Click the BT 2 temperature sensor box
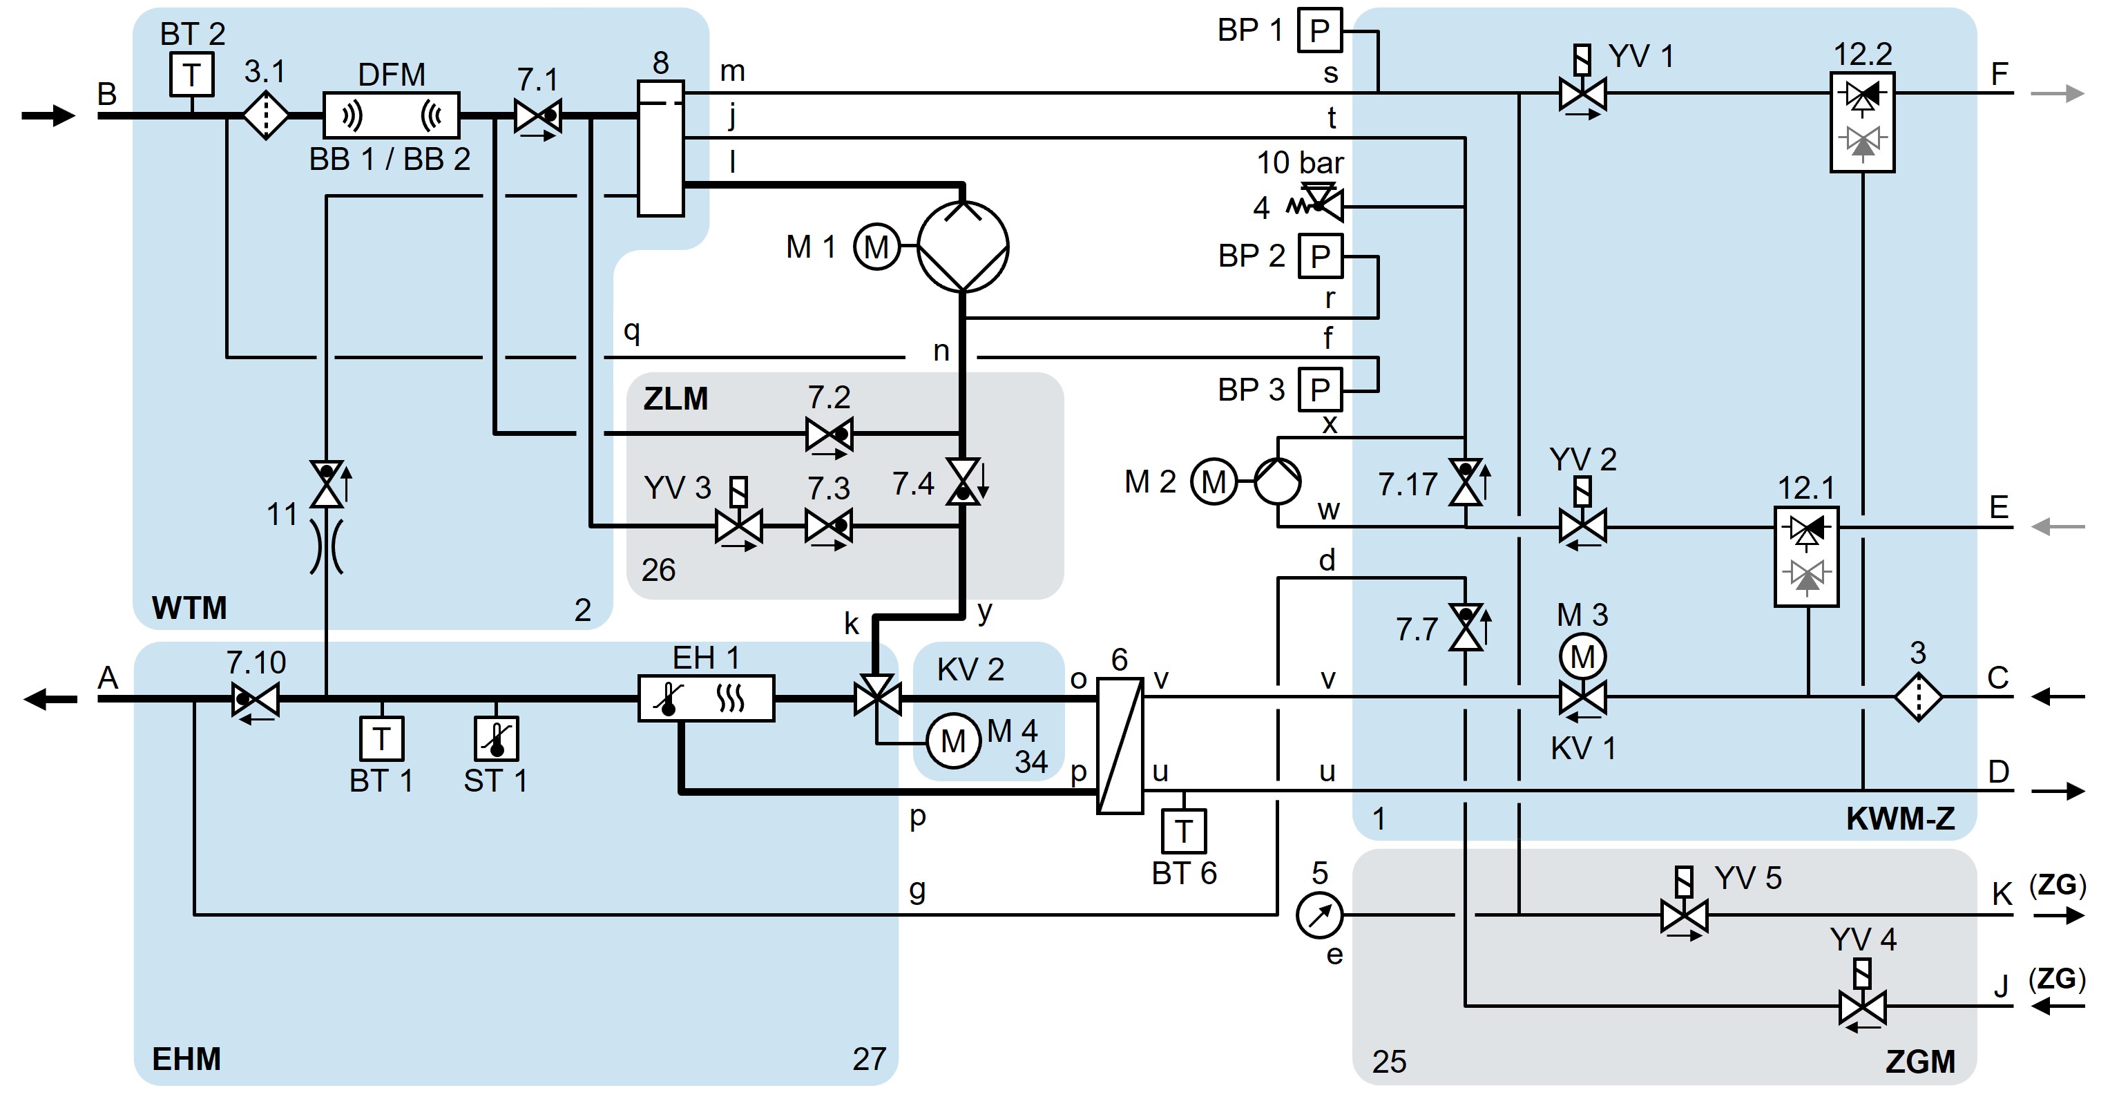[x=192, y=75]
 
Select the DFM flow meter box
[x=391, y=115]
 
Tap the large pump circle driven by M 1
[x=962, y=246]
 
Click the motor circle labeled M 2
[x=1214, y=481]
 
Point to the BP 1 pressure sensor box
[x=1319, y=30]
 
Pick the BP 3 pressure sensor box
[x=1319, y=389]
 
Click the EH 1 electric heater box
[x=706, y=698]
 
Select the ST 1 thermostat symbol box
[x=496, y=738]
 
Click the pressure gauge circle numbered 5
[x=1319, y=915]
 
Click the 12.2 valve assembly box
[x=1862, y=122]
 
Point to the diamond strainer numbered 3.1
[x=266, y=116]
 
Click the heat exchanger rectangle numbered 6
[x=1120, y=745]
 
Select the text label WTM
[x=189, y=608]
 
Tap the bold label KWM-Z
[x=1900, y=819]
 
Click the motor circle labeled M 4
[x=952, y=741]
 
